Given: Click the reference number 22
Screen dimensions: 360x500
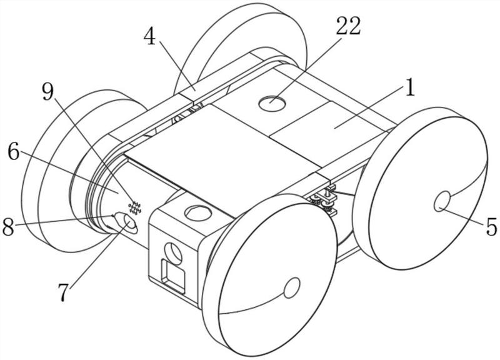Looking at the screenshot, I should (x=348, y=26).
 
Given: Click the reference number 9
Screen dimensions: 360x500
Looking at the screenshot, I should (x=48, y=92).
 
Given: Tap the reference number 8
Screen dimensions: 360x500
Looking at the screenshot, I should (x=9, y=227).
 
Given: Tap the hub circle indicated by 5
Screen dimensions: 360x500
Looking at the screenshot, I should (x=442, y=202).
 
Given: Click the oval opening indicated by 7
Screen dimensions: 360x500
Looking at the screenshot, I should (x=130, y=223).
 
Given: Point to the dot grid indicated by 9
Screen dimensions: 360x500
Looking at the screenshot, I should (x=134, y=207).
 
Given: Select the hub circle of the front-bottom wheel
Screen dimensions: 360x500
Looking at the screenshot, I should (x=291, y=288).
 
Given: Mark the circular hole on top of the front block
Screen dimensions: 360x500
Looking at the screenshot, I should (x=197, y=214).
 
